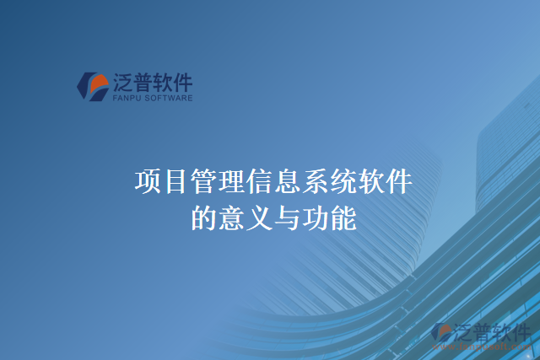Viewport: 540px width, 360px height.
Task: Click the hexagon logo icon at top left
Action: coord(89,84)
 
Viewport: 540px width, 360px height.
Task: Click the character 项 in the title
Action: coord(148,181)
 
